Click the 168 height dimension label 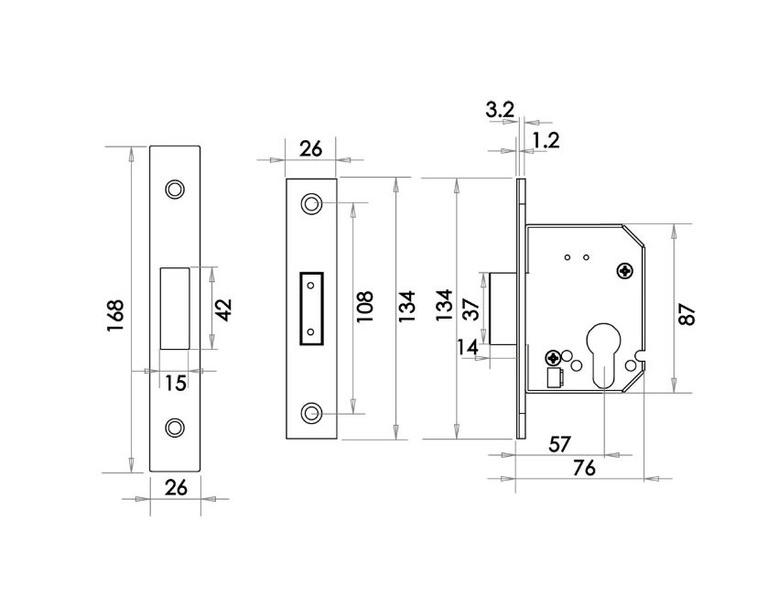click(115, 315)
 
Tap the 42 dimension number click(223, 309)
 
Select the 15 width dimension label click(176, 382)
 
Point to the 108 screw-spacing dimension click(364, 307)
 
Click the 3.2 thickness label click(500, 110)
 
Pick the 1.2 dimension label click(546, 141)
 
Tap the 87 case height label click(687, 314)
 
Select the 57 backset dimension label click(559, 444)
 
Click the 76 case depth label click(584, 468)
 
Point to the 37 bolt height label click(471, 309)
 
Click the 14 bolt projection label click(468, 347)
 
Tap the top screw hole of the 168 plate click(175, 189)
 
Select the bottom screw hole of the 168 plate click(175, 428)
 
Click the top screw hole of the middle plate click(310, 203)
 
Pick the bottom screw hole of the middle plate click(310, 413)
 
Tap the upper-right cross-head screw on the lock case click(625, 271)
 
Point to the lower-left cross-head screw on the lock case click(554, 357)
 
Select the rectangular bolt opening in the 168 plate click(175, 309)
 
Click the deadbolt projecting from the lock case click(503, 309)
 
